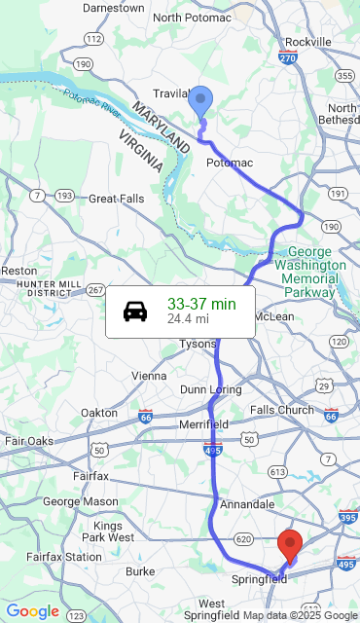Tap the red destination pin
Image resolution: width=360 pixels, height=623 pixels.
point(289,545)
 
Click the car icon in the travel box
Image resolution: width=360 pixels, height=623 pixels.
point(135,311)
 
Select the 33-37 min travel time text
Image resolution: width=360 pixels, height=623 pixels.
point(201,304)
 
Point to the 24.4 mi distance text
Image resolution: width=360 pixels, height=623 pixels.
point(188,318)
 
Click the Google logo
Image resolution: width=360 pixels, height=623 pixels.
point(32,610)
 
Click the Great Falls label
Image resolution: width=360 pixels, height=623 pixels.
point(117,198)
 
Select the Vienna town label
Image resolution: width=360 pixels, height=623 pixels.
point(149,375)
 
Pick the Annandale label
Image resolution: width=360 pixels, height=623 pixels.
point(247,504)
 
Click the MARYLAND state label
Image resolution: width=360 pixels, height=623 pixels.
point(161,127)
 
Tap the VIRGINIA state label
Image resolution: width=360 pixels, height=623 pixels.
point(141,151)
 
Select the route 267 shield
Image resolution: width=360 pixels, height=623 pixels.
point(94,290)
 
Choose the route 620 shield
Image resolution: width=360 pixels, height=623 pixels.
point(243,538)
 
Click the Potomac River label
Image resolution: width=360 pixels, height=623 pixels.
point(94,101)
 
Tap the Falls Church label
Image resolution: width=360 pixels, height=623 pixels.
point(282,410)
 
